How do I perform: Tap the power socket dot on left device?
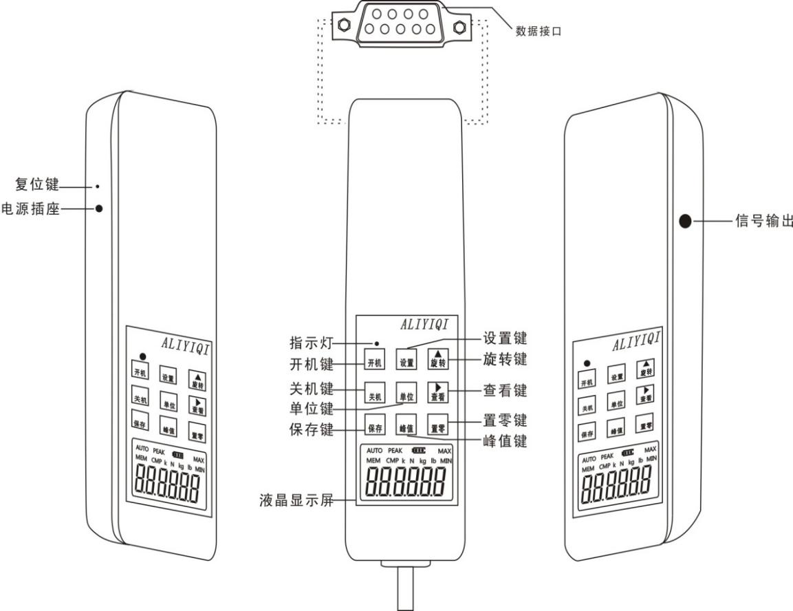tap(100, 208)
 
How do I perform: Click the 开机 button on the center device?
tap(375, 361)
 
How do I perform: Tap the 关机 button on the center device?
tap(375, 395)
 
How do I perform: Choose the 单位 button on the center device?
tap(406, 395)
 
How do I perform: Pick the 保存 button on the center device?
tap(375, 427)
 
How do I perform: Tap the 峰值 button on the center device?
tap(406, 427)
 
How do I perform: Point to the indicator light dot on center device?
tap(377, 343)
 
